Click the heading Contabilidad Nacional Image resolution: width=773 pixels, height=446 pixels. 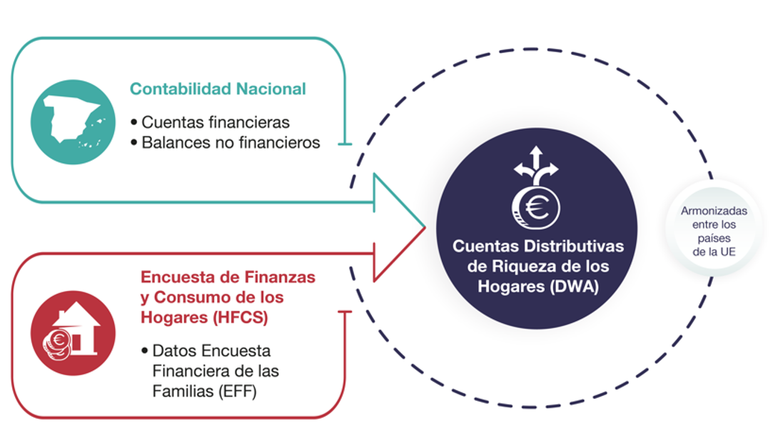click(x=218, y=89)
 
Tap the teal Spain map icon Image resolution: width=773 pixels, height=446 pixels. click(x=73, y=122)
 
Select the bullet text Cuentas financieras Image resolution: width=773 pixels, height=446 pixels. click(x=215, y=122)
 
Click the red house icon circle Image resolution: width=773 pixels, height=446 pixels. click(x=73, y=333)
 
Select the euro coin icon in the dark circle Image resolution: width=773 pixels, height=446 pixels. click(x=537, y=208)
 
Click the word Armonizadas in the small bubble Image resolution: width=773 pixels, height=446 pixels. click(x=714, y=212)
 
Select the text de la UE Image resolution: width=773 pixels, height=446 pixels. click(x=714, y=252)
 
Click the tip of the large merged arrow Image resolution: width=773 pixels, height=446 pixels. click(x=425, y=228)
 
